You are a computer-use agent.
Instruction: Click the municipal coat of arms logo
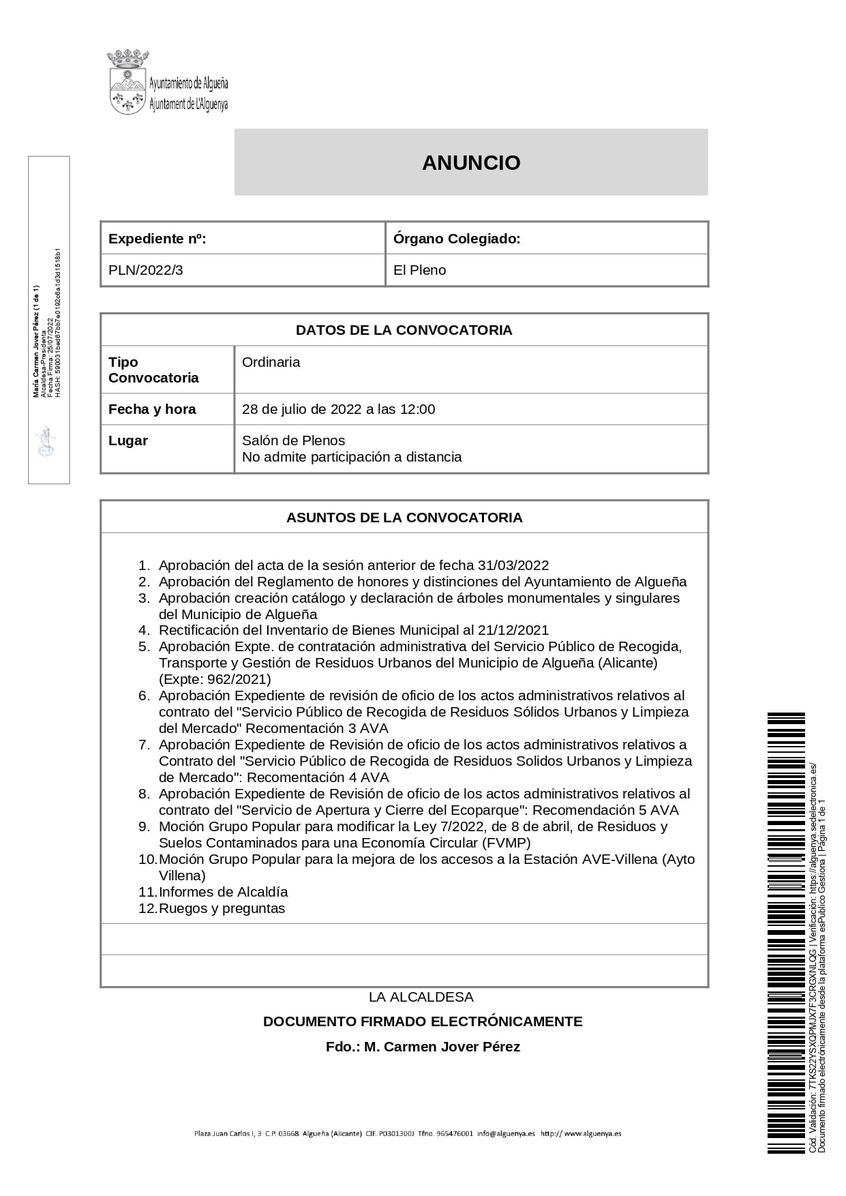[128, 83]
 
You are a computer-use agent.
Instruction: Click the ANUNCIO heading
[471, 163]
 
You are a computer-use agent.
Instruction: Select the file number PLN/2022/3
[146, 270]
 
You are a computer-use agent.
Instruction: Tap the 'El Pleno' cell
[419, 270]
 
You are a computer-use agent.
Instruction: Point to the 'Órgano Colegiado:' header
[457, 239]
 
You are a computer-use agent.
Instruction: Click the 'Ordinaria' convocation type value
[271, 362]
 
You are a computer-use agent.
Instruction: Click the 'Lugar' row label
[128, 440]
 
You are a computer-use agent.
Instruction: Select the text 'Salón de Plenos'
[293, 440]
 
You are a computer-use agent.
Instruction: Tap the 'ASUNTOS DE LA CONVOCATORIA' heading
[404, 518]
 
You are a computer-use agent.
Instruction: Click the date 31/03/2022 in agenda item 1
[513, 565]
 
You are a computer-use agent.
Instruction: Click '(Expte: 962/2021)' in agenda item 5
[215, 679]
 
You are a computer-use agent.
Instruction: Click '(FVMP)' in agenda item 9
[506, 843]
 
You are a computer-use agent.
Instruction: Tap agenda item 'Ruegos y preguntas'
[222, 908]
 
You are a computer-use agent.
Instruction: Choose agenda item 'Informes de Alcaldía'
[223, 892]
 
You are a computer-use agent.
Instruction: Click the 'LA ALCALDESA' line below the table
[421, 997]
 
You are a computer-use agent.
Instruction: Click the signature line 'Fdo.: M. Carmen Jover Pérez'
[423, 1047]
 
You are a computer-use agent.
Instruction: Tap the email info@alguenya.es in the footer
[506, 1134]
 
